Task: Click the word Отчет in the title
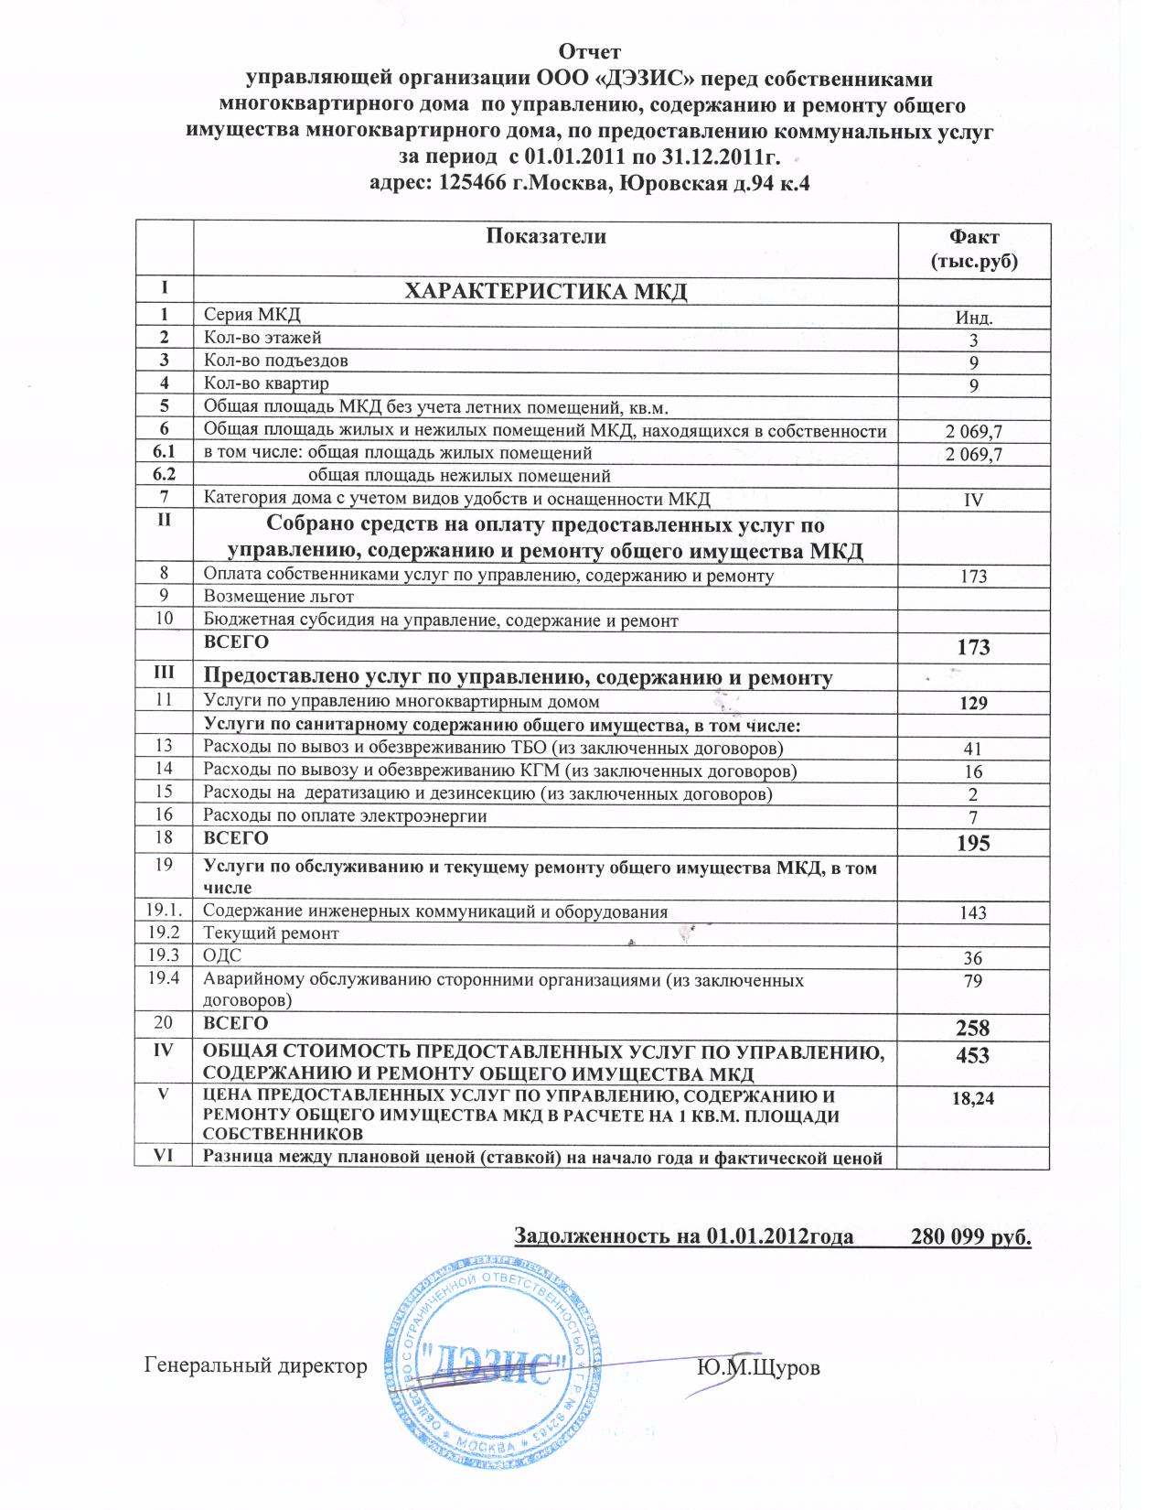coord(589,51)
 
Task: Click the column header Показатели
coord(545,236)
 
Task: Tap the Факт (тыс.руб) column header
coord(974,249)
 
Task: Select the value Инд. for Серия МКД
coord(974,318)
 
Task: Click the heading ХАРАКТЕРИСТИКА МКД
coord(545,292)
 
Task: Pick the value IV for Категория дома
coord(974,501)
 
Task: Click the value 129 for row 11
coord(973,703)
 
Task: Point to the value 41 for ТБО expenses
coord(973,749)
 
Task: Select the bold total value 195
coord(973,843)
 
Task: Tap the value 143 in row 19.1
coord(973,912)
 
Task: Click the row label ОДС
coord(222,956)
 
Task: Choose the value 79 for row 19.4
coord(973,981)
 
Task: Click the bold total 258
coord(973,1028)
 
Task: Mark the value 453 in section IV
coord(972,1055)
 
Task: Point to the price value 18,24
coord(973,1098)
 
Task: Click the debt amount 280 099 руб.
coord(971,1237)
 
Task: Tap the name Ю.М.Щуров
coord(758,1367)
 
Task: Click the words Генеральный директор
coord(256,1366)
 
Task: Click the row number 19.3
coord(164,955)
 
